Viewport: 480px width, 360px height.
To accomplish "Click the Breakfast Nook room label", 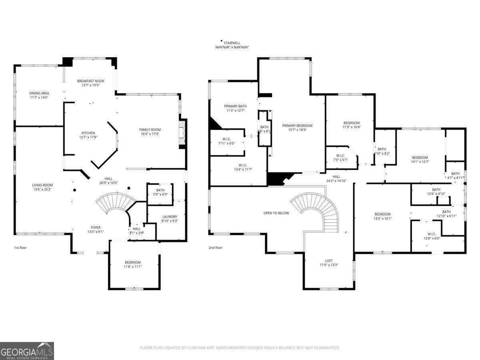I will point(90,81).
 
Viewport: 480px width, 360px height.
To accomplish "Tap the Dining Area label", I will point(39,93).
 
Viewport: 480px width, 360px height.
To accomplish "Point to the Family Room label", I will point(150,130).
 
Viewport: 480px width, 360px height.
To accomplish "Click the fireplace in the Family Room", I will point(182,134).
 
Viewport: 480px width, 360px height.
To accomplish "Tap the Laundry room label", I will point(170,217).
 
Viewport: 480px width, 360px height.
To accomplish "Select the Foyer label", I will point(95,227).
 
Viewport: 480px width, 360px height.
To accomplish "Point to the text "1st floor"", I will point(21,248).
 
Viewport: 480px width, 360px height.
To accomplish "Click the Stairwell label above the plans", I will point(232,43).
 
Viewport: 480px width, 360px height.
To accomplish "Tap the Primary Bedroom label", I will point(297,126).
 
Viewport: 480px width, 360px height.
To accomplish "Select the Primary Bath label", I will point(235,106).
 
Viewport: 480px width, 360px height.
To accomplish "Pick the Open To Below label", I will point(276,213).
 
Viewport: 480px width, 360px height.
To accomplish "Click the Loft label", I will point(329,260).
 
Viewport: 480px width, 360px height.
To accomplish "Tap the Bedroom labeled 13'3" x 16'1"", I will point(382,214).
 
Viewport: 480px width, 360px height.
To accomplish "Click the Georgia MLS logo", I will point(27,351).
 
